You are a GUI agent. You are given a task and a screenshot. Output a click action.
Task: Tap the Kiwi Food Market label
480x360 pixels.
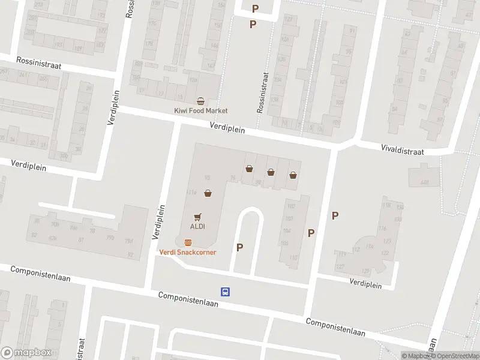click(x=201, y=111)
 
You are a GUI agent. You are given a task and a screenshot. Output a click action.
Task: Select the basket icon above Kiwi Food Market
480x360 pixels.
click(x=201, y=101)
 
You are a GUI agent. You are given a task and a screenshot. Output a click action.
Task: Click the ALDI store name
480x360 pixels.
click(x=197, y=227)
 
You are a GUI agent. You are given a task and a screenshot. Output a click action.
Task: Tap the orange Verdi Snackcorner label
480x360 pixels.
click(x=188, y=252)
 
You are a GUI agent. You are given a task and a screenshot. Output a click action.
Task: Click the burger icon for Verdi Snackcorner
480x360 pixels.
click(x=188, y=242)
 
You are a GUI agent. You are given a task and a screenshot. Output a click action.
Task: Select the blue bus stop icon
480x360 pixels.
click(x=226, y=292)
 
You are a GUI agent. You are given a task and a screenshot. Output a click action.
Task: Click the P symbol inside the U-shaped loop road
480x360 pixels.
click(x=240, y=247)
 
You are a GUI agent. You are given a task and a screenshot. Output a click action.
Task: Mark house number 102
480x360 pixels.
click(x=290, y=206)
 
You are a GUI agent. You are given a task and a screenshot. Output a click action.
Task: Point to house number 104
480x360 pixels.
click(x=287, y=231)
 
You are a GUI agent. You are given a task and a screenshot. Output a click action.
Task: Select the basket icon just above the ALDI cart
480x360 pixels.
click(x=208, y=193)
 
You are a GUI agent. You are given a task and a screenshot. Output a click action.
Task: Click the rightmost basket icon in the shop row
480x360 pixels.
click(x=293, y=175)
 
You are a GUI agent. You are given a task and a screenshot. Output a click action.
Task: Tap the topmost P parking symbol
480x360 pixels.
click(x=256, y=8)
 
